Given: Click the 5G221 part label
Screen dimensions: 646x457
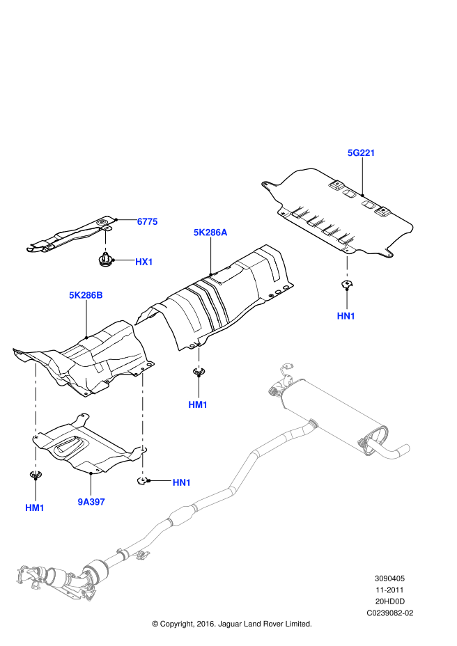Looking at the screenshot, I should click(362, 152).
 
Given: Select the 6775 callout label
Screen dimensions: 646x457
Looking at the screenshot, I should click(147, 221).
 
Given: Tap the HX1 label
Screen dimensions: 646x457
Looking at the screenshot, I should click(144, 262).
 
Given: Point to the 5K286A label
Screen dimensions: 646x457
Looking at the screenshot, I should click(210, 233).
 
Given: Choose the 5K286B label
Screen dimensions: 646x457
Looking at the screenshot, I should click(86, 295).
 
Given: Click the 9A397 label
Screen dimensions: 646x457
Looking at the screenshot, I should click(91, 501).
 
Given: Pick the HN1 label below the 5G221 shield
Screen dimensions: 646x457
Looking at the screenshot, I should click(346, 315).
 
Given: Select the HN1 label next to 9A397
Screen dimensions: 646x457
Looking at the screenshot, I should click(181, 482).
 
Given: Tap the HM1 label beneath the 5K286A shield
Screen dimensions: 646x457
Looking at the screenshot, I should click(198, 404).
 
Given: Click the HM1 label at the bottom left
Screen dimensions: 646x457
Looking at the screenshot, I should click(35, 507).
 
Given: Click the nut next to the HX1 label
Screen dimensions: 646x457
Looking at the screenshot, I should click(106, 262).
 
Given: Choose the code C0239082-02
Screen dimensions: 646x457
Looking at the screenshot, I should click(391, 613).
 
